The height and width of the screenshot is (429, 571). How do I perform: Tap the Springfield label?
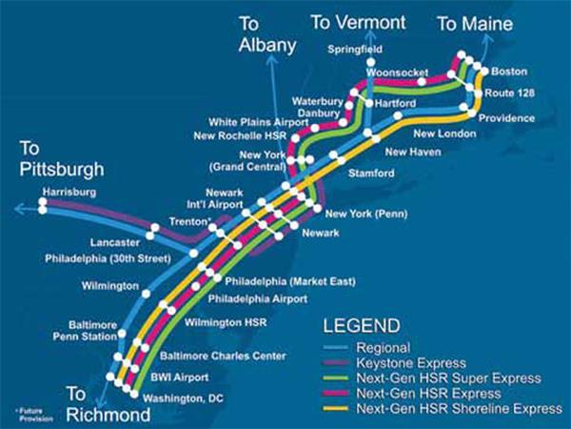pyautogui.click(x=355, y=48)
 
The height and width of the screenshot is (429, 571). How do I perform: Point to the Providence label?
pyautogui.click(x=506, y=118)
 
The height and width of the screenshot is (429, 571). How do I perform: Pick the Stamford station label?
pyautogui.click(x=372, y=173)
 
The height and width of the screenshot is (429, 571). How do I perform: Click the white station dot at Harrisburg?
pyautogui.click(x=43, y=203)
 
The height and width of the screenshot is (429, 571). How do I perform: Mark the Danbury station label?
pyautogui.click(x=319, y=112)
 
